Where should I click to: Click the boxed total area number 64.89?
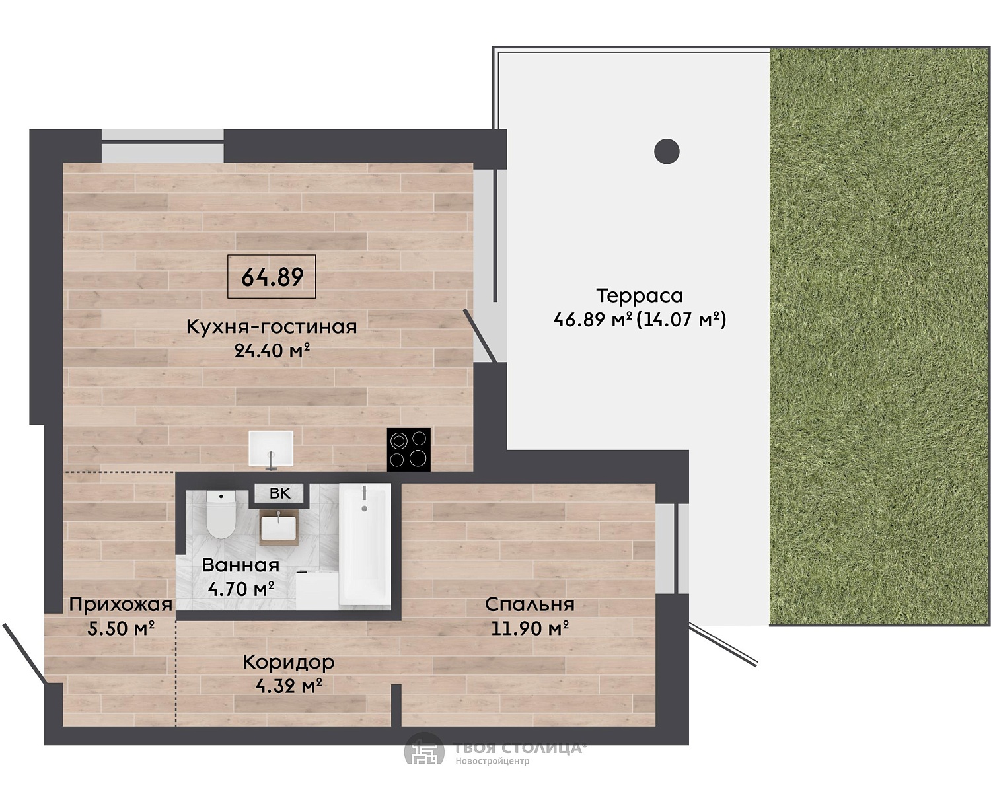[x=272, y=277]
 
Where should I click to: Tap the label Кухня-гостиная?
[x=272, y=326]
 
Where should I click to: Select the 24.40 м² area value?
[x=272, y=351]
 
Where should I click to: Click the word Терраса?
[x=640, y=295]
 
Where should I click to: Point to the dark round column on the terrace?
[x=667, y=151]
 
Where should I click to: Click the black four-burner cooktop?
[x=408, y=449]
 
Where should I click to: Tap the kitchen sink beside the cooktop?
[x=272, y=449]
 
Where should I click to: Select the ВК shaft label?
[x=279, y=493]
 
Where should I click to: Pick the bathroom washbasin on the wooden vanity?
[x=278, y=528]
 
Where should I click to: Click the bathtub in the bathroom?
[x=364, y=544]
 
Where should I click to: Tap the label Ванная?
[x=240, y=565]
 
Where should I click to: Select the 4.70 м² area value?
[x=240, y=589]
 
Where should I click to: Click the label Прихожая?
[x=120, y=604]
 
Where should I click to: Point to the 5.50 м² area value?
[x=121, y=628]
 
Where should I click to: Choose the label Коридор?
[x=289, y=663]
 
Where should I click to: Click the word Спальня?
[x=529, y=604]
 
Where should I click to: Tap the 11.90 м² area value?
[x=530, y=628]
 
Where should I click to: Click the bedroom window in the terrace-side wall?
[x=673, y=548]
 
